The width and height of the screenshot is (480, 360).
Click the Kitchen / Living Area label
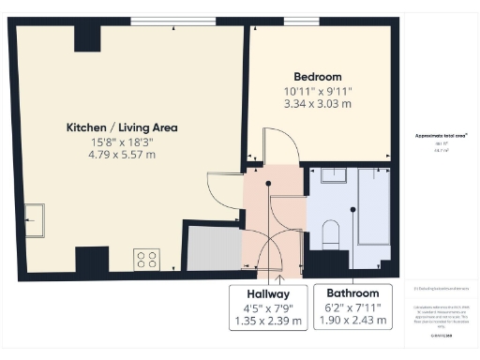122,127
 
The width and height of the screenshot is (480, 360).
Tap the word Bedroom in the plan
317,76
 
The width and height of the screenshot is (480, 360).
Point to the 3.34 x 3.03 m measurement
317,105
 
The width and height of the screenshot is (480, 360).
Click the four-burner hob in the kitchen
146,258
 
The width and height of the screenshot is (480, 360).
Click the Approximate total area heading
441,135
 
